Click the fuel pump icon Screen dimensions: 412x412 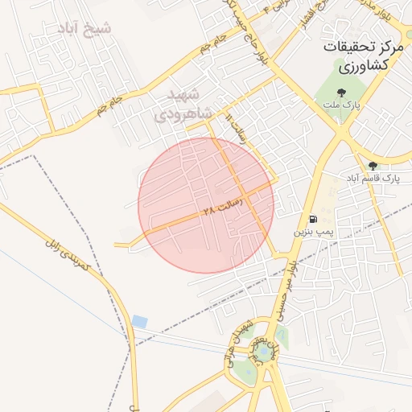pyautogui.click(x=311, y=219)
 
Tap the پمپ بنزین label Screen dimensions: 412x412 pyautogui.click(x=311, y=232)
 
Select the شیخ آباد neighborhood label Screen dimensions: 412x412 pyautogui.click(x=84, y=29)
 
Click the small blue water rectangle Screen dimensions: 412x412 pyautogui.click(x=140, y=321)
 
